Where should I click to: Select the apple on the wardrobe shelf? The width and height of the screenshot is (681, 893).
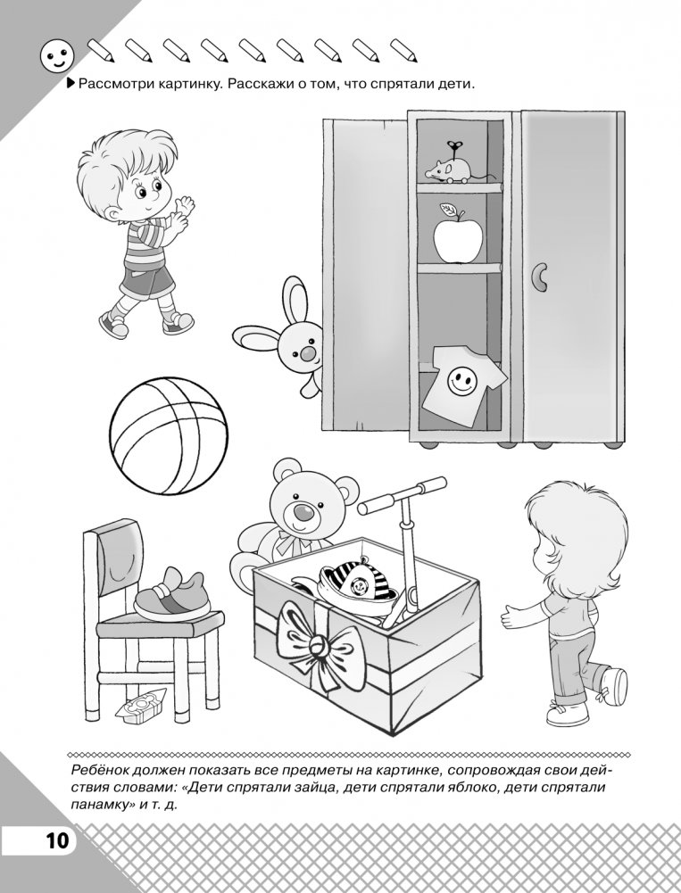pos(457,237)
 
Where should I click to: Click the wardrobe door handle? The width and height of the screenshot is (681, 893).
pos(538,277)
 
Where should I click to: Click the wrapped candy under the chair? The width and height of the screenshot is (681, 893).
pos(141,705)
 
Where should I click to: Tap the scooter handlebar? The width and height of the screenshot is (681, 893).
pos(402,493)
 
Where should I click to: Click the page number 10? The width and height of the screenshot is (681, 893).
pos(57,840)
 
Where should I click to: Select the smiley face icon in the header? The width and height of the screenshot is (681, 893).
pos(57,56)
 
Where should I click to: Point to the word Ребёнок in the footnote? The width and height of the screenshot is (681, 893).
pos(97,771)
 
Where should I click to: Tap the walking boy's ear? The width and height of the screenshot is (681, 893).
pos(115,214)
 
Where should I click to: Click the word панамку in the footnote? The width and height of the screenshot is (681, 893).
pos(98,808)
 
